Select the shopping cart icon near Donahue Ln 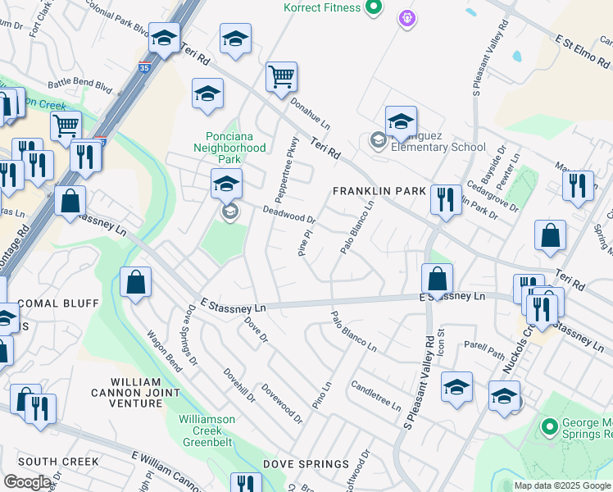281,78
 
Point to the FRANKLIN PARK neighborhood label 379,191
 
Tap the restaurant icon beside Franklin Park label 445,199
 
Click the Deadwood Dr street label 288,215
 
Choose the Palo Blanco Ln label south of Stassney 354,332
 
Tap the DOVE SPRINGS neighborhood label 306,464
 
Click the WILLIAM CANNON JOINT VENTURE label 135,393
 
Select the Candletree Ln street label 376,395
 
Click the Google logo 27,482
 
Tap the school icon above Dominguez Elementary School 401,121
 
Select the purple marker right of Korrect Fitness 406,16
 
